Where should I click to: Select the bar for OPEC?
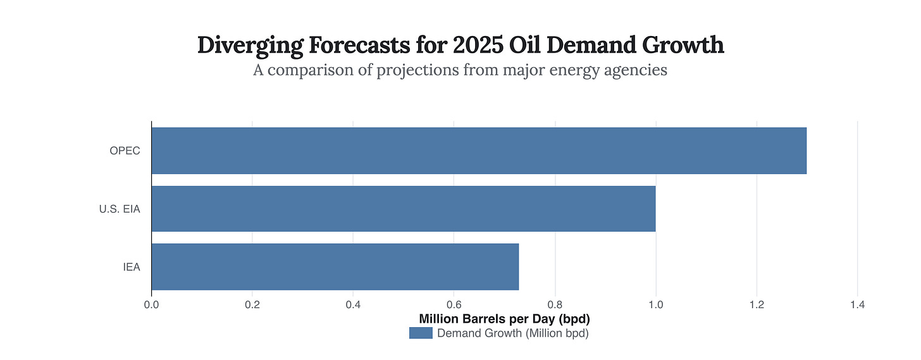pyautogui.click(x=479, y=151)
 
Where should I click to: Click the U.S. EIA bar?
pyautogui.click(x=404, y=208)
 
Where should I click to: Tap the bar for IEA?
pyautogui.click(x=335, y=266)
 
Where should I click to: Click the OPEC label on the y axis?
pyautogui.click(x=125, y=151)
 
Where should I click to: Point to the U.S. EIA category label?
pyautogui.click(x=120, y=209)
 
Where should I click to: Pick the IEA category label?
pyautogui.click(x=132, y=267)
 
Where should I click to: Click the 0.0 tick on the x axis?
pyautogui.click(x=151, y=305)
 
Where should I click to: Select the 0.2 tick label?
pyautogui.click(x=252, y=305)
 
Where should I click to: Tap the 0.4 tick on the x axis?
pyautogui.click(x=353, y=305)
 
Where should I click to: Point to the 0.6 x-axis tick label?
pyautogui.click(x=454, y=305)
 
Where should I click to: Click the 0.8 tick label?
pyautogui.click(x=555, y=305)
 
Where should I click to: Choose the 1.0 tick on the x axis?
pyautogui.click(x=655, y=305)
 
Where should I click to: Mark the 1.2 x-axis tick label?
pyautogui.click(x=757, y=305)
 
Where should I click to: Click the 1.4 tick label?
pyautogui.click(x=857, y=305)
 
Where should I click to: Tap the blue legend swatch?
pyautogui.click(x=421, y=333)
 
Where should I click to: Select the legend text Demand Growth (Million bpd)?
pyautogui.click(x=513, y=333)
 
